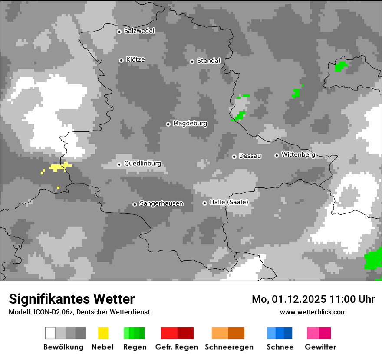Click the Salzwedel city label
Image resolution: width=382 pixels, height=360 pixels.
139,31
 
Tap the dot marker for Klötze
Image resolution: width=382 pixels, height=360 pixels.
121,60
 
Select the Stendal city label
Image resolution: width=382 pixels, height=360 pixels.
208,61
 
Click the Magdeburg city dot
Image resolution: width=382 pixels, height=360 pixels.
168,124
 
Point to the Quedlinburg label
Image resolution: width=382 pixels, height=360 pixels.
142,164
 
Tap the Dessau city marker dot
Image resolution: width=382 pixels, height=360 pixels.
234,157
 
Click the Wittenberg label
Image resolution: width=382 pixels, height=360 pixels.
298,154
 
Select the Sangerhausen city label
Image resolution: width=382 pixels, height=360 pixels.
161,203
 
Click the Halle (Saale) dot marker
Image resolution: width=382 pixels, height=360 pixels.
204,203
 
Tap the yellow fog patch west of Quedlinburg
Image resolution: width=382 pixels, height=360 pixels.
57,167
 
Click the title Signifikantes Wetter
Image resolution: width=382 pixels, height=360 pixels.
72,299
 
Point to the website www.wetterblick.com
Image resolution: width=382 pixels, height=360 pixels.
313,312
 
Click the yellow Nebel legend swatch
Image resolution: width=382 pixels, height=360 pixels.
103,333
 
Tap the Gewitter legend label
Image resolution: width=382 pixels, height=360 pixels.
320,347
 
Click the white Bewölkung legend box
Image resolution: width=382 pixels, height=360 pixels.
50,333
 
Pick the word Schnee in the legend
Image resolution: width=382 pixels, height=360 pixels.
280,347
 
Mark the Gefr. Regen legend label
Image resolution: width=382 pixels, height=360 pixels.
177,347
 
